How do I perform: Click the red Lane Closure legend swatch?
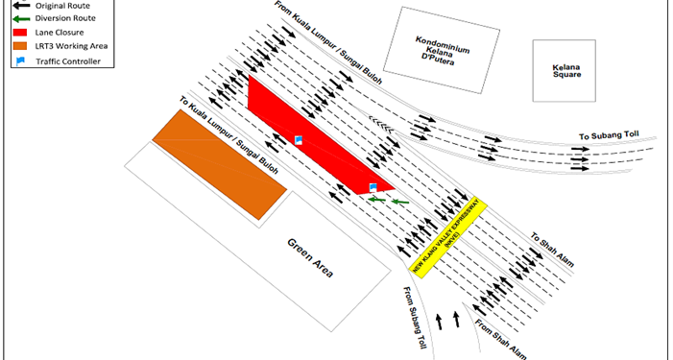(x=20, y=33)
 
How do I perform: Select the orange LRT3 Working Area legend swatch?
(x=20, y=46)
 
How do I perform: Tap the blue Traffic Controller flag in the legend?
(x=20, y=61)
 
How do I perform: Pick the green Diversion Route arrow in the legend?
(x=21, y=19)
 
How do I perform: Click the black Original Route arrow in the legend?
(x=21, y=6)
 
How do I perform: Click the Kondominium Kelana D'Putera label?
(x=442, y=51)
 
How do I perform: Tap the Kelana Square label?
(x=566, y=71)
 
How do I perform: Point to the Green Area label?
(x=310, y=258)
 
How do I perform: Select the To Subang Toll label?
(x=609, y=135)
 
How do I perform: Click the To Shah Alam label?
(x=552, y=251)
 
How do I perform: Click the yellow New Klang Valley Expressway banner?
(x=448, y=238)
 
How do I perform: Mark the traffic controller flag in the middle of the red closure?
(x=299, y=140)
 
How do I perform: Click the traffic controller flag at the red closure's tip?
(x=373, y=187)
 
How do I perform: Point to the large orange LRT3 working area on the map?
(x=220, y=165)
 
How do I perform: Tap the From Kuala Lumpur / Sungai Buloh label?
(x=328, y=43)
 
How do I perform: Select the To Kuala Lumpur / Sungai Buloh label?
(x=228, y=134)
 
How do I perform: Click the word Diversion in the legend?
(x=51, y=18)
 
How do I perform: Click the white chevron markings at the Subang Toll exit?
(x=381, y=125)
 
